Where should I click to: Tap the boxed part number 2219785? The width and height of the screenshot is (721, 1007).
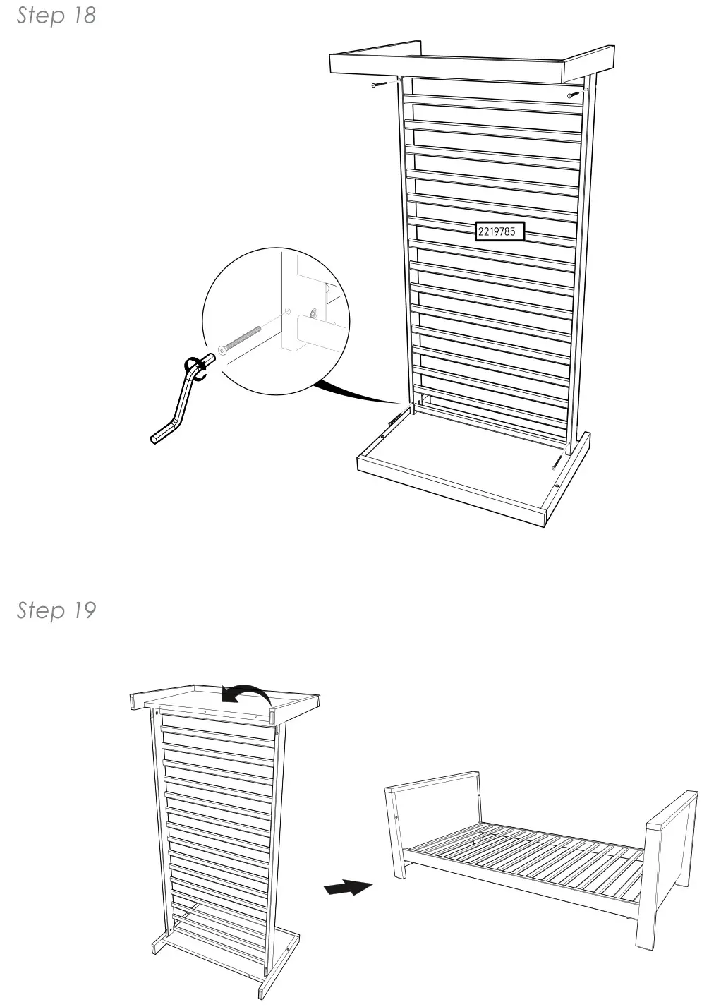click(x=499, y=231)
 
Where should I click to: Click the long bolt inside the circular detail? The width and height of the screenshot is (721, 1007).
click(x=240, y=339)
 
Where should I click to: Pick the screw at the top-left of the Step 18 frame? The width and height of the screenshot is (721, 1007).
click(x=380, y=85)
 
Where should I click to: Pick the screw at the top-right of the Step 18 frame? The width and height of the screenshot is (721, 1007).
click(x=574, y=94)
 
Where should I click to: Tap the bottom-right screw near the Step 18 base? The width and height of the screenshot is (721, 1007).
click(x=557, y=462)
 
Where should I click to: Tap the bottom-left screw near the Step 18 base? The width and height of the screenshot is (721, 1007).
click(x=395, y=418)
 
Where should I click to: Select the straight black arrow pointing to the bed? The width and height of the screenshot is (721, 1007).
click(x=348, y=887)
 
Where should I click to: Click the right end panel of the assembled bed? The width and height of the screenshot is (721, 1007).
click(x=667, y=868)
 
